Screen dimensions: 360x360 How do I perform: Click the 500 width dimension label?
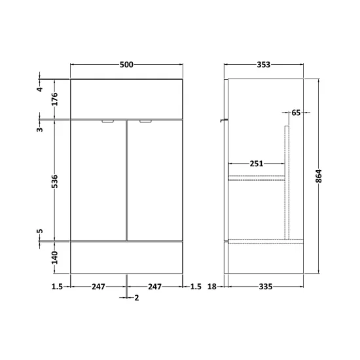coord(126,65)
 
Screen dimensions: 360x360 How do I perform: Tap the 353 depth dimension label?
coord(264,65)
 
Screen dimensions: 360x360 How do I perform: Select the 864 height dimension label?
coord(319,176)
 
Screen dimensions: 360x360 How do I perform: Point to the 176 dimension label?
coord(54,99)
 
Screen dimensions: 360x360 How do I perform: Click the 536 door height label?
coord(54,181)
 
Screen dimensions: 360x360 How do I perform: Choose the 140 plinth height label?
coord(54,258)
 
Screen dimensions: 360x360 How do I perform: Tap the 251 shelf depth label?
coord(257,164)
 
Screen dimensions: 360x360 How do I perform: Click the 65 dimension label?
coord(296,113)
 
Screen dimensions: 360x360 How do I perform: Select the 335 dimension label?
coord(266,287)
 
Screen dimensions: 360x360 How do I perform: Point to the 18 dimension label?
coord(212,287)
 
